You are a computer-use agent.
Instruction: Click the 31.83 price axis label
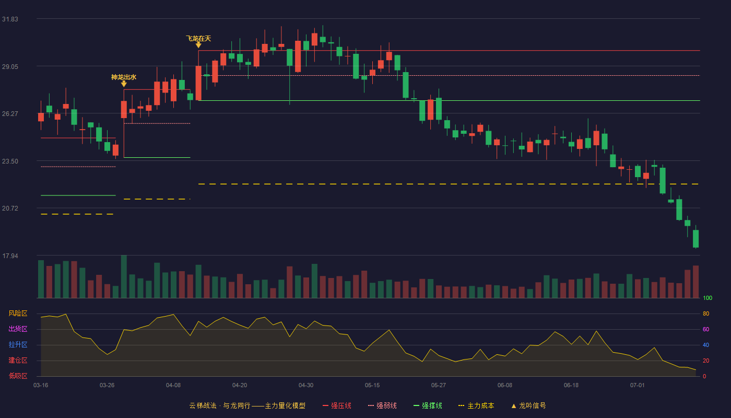10,19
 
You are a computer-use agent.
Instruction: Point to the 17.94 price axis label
10,256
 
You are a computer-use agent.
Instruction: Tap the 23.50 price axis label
10,161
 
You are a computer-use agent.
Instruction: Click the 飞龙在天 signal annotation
198,39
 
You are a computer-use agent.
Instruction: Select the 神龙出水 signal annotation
124,77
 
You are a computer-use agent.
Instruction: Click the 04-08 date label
173,386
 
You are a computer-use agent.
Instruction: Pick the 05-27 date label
439,386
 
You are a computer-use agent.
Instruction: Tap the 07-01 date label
638,386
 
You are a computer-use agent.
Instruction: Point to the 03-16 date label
41,386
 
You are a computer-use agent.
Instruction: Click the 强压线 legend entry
337,405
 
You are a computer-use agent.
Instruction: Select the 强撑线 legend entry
428,405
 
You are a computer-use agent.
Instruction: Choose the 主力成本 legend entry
476,405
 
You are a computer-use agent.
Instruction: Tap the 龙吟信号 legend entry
528,405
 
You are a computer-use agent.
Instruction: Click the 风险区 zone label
18,313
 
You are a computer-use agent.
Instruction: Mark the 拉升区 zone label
18,345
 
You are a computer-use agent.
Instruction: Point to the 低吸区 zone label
18,376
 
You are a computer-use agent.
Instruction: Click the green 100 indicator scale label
708,298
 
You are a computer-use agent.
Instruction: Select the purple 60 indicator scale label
706,329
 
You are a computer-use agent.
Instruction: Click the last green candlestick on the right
695,239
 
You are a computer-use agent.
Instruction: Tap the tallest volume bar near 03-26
124,276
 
